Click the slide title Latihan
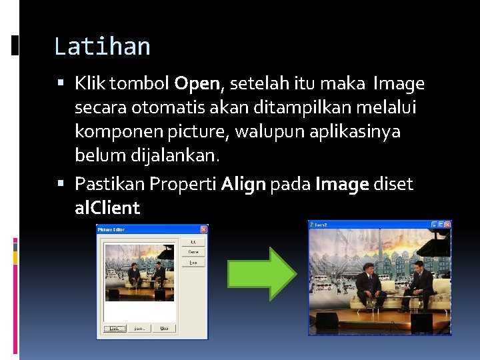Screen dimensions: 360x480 102,47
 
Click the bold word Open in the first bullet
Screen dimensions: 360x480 197,84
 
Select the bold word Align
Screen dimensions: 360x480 243,184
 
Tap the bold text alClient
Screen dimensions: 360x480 107,208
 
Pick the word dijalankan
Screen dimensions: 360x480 180,155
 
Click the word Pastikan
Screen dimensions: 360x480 109,184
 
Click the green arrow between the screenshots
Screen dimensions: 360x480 262,273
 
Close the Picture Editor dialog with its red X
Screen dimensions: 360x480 203,229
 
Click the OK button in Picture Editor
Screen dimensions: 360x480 193,241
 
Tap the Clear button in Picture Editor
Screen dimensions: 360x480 163,328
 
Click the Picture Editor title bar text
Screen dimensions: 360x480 113,229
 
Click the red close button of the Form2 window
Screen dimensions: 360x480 447,225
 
